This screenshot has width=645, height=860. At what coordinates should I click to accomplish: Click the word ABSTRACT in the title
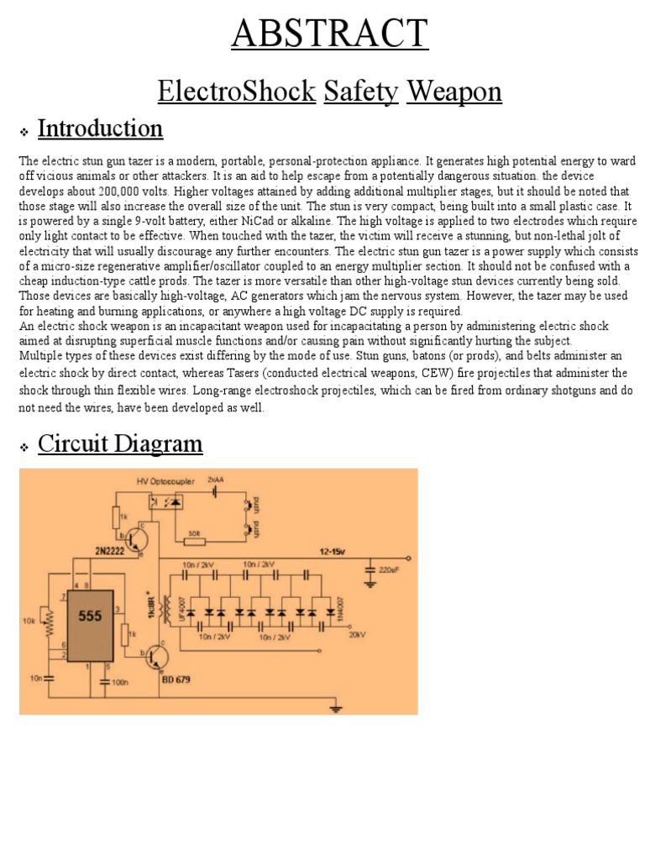[x=329, y=34]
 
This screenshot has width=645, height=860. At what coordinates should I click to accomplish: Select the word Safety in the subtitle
[x=360, y=91]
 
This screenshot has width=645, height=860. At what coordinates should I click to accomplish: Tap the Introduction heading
[x=100, y=128]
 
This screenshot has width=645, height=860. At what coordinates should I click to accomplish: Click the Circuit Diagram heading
[x=120, y=443]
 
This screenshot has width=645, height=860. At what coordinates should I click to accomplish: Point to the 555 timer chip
[x=90, y=616]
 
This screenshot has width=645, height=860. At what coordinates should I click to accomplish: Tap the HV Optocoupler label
[x=165, y=481]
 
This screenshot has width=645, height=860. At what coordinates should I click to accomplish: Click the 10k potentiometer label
[x=30, y=621]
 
